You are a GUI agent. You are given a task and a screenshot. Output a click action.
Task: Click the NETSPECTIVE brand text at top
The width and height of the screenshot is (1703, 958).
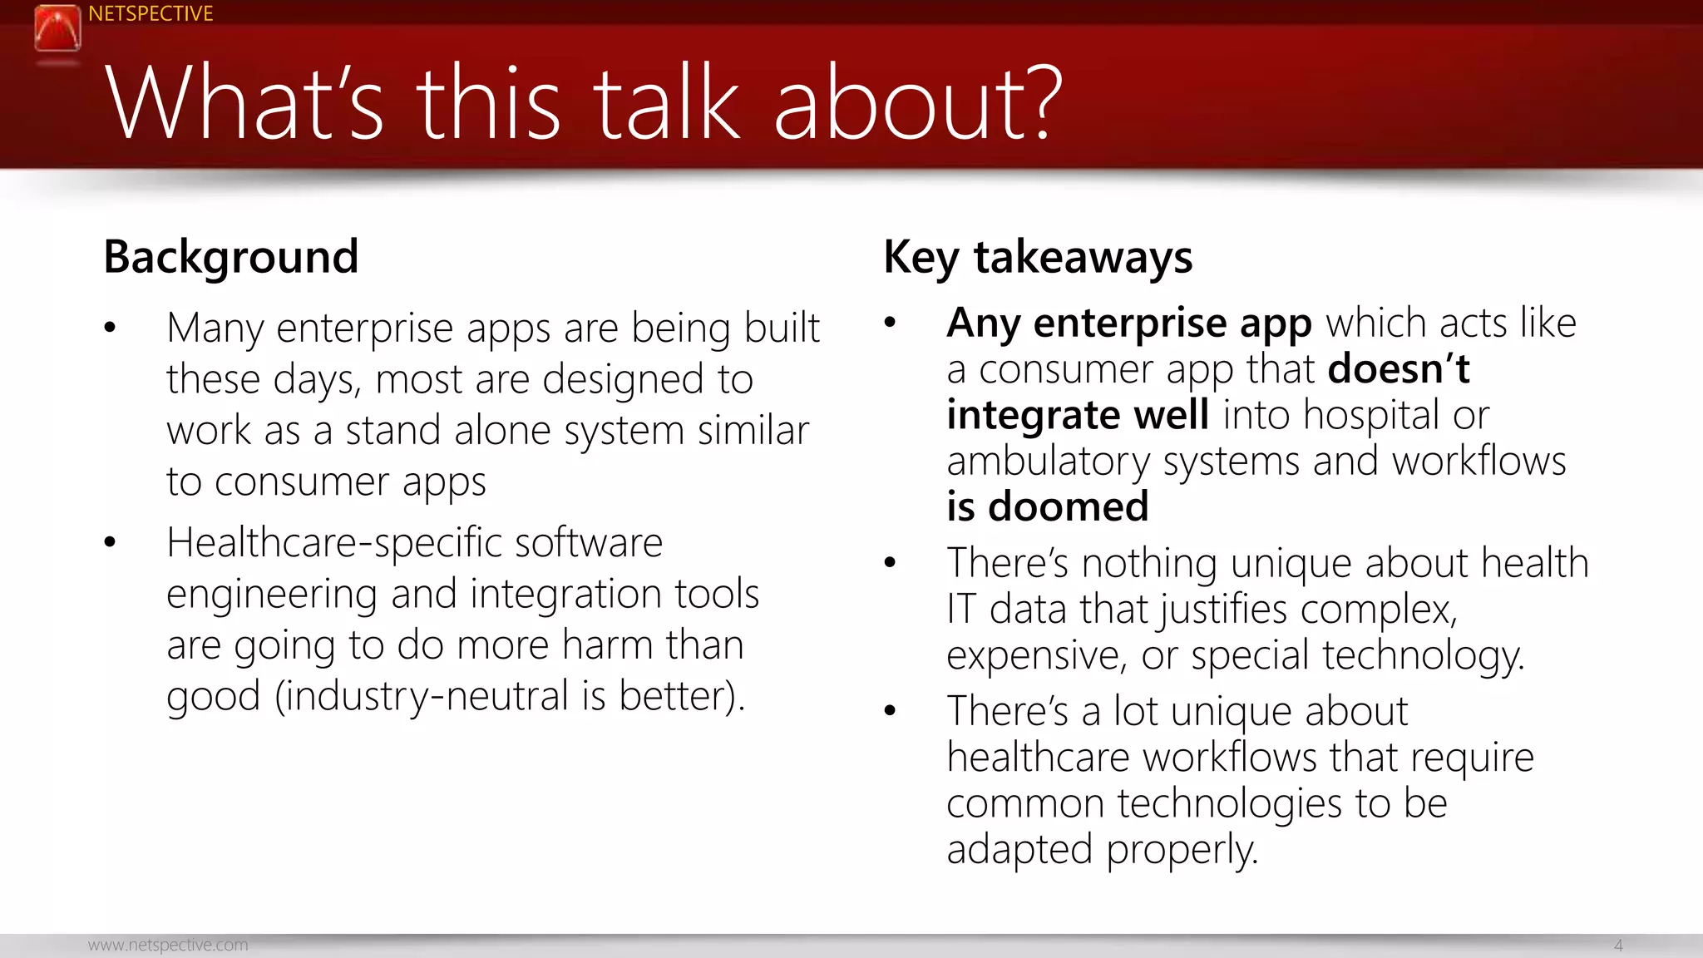coord(151,14)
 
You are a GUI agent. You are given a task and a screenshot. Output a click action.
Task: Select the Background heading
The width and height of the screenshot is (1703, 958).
coord(230,257)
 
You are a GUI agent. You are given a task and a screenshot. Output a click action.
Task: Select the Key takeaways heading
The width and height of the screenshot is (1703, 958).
coord(1037,257)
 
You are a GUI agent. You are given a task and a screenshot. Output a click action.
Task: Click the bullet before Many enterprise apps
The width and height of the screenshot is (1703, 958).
coord(110,328)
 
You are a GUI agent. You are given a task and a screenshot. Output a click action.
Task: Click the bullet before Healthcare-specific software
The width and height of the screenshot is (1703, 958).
coord(110,543)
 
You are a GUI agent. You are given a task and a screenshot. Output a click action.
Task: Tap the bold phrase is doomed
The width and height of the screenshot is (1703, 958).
coord(1047,506)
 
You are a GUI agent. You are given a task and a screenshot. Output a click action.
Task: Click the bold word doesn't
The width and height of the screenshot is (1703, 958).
coord(1398,368)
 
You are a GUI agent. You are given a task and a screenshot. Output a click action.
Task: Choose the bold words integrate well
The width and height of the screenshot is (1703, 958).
coord(1077,415)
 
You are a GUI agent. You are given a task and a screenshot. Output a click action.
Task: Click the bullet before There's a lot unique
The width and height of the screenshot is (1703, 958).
coord(890,711)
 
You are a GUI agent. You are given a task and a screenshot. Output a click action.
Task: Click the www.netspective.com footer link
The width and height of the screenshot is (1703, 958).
coord(168,945)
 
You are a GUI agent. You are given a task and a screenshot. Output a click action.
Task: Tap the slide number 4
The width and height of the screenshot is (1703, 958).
coord(1617,945)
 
